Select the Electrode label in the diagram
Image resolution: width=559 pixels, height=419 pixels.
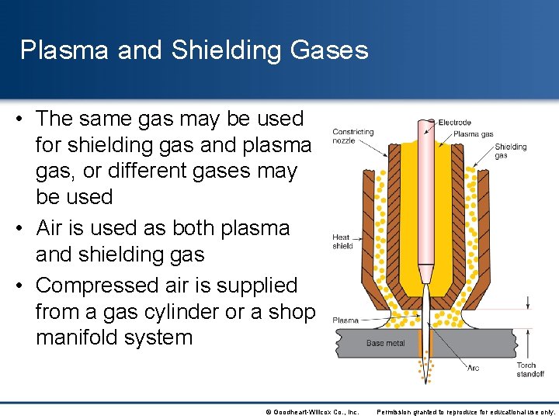tap(454, 123)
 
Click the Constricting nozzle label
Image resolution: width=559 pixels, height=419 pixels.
tap(353, 137)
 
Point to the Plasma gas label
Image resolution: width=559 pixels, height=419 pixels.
tap(473, 134)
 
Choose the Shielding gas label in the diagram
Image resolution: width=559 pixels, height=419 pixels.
tap(510, 151)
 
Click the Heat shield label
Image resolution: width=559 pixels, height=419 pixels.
tap(342, 241)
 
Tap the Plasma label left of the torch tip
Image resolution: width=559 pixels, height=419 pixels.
tap(345, 320)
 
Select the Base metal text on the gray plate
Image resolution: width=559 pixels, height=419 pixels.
tap(385, 342)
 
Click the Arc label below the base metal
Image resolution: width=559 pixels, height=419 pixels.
tap(474, 367)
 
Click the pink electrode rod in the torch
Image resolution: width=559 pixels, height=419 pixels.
tap(425, 202)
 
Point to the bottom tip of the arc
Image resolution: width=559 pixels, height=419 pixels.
tap(425, 382)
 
